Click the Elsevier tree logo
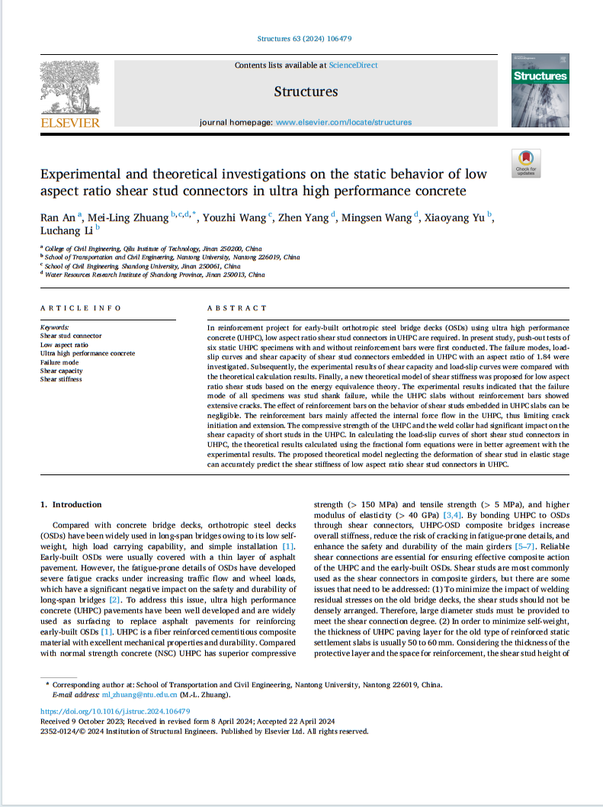pos(69,87)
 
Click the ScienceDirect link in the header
pos(353,66)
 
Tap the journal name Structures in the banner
pos(305,92)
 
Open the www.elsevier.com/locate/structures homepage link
pos(343,122)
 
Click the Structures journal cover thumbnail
pos(540,90)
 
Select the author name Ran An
pos(56,218)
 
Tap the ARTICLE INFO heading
pos(80,308)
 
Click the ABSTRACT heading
pos(237,308)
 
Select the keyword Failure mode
pos(59,362)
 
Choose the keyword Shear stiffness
pos(61,379)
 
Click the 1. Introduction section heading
pos(71,504)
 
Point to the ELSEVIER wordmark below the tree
pos(69,123)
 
